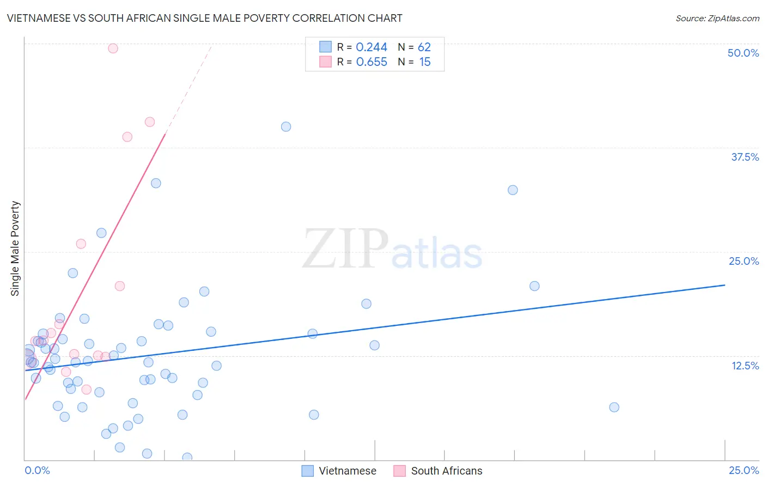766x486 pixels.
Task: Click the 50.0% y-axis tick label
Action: click(743, 53)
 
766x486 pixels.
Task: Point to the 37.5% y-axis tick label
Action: click(745, 157)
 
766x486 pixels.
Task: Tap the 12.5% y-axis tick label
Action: click(745, 366)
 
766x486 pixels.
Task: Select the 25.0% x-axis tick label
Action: click(744, 470)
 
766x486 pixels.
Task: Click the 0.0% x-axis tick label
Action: click(37, 470)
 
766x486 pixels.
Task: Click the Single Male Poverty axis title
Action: click(15, 248)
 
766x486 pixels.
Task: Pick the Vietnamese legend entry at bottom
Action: click(339, 471)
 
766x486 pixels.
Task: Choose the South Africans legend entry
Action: click(438, 471)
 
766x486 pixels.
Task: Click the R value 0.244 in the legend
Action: click(372, 47)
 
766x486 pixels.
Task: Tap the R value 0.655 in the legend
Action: click(372, 62)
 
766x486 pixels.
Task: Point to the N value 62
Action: click(424, 47)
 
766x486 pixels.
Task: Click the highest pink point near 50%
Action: click(113, 48)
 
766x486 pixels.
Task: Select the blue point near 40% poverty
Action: click(286, 127)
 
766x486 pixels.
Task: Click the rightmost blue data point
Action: click(614, 407)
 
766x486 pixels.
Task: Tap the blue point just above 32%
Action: click(513, 190)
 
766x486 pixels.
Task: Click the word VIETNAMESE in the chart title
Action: click(39, 18)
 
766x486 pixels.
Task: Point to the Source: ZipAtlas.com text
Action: click(717, 19)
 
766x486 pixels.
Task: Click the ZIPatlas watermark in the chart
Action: click(392, 249)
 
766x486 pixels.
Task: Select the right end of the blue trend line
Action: click(725, 285)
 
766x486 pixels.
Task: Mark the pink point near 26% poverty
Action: click(81, 244)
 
